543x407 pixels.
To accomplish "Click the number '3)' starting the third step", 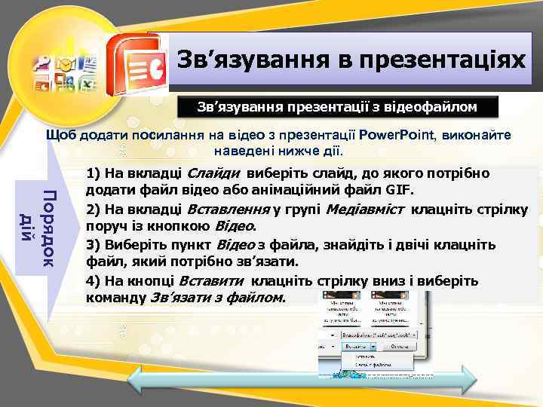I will click(95, 245).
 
